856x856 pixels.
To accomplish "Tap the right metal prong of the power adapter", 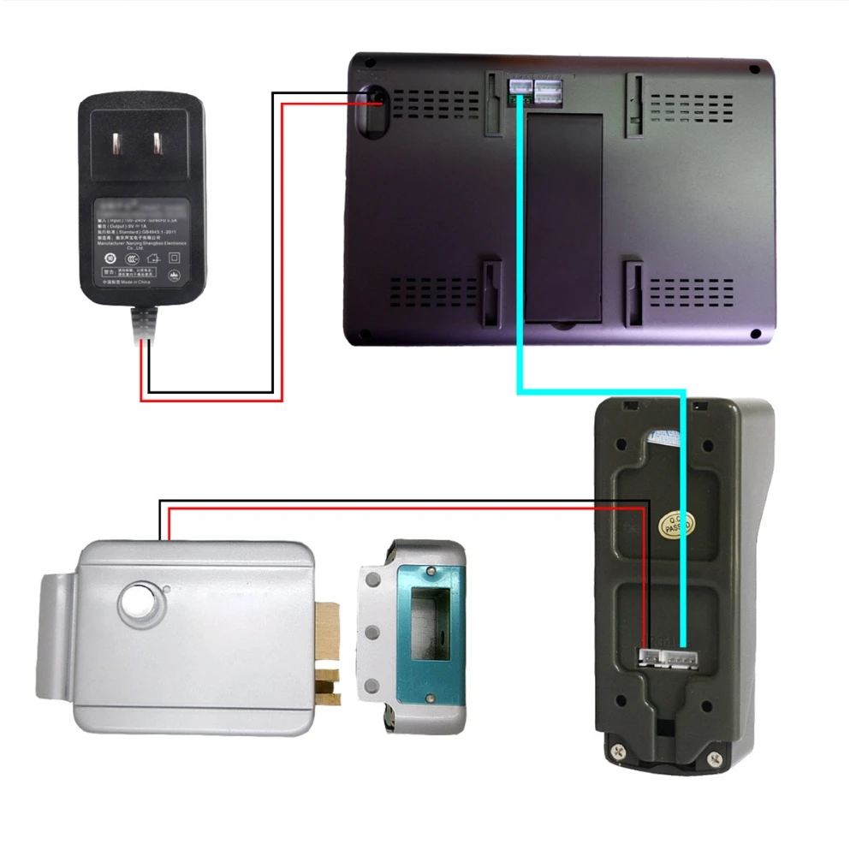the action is [159, 142].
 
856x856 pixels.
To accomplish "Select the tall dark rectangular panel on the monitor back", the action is [564, 217].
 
